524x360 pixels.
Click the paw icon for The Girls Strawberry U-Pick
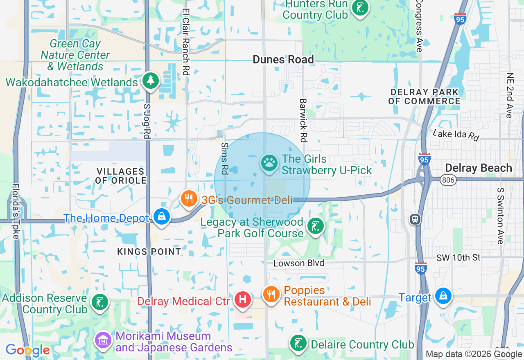click(x=269, y=163)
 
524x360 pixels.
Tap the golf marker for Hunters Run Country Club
click(x=360, y=8)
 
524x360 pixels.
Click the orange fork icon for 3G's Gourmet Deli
click(x=189, y=199)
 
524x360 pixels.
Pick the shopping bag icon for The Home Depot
click(x=162, y=216)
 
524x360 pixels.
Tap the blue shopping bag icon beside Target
click(x=443, y=295)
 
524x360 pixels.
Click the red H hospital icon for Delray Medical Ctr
click(x=243, y=299)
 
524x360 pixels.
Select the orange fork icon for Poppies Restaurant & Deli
click(x=271, y=294)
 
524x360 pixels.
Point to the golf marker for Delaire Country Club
click(x=299, y=343)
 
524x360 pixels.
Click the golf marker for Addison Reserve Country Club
click(x=99, y=302)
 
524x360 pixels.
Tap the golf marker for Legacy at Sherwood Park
click(x=316, y=226)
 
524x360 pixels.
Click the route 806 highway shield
click(x=447, y=180)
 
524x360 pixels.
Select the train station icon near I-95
click(x=415, y=219)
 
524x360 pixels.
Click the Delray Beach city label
click(x=478, y=168)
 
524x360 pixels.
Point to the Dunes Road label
click(x=283, y=59)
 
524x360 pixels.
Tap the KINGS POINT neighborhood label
click(x=149, y=252)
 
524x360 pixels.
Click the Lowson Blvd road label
click(x=299, y=263)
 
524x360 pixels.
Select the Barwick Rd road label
click(x=303, y=120)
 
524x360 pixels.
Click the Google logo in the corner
click(x=27, y=350)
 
